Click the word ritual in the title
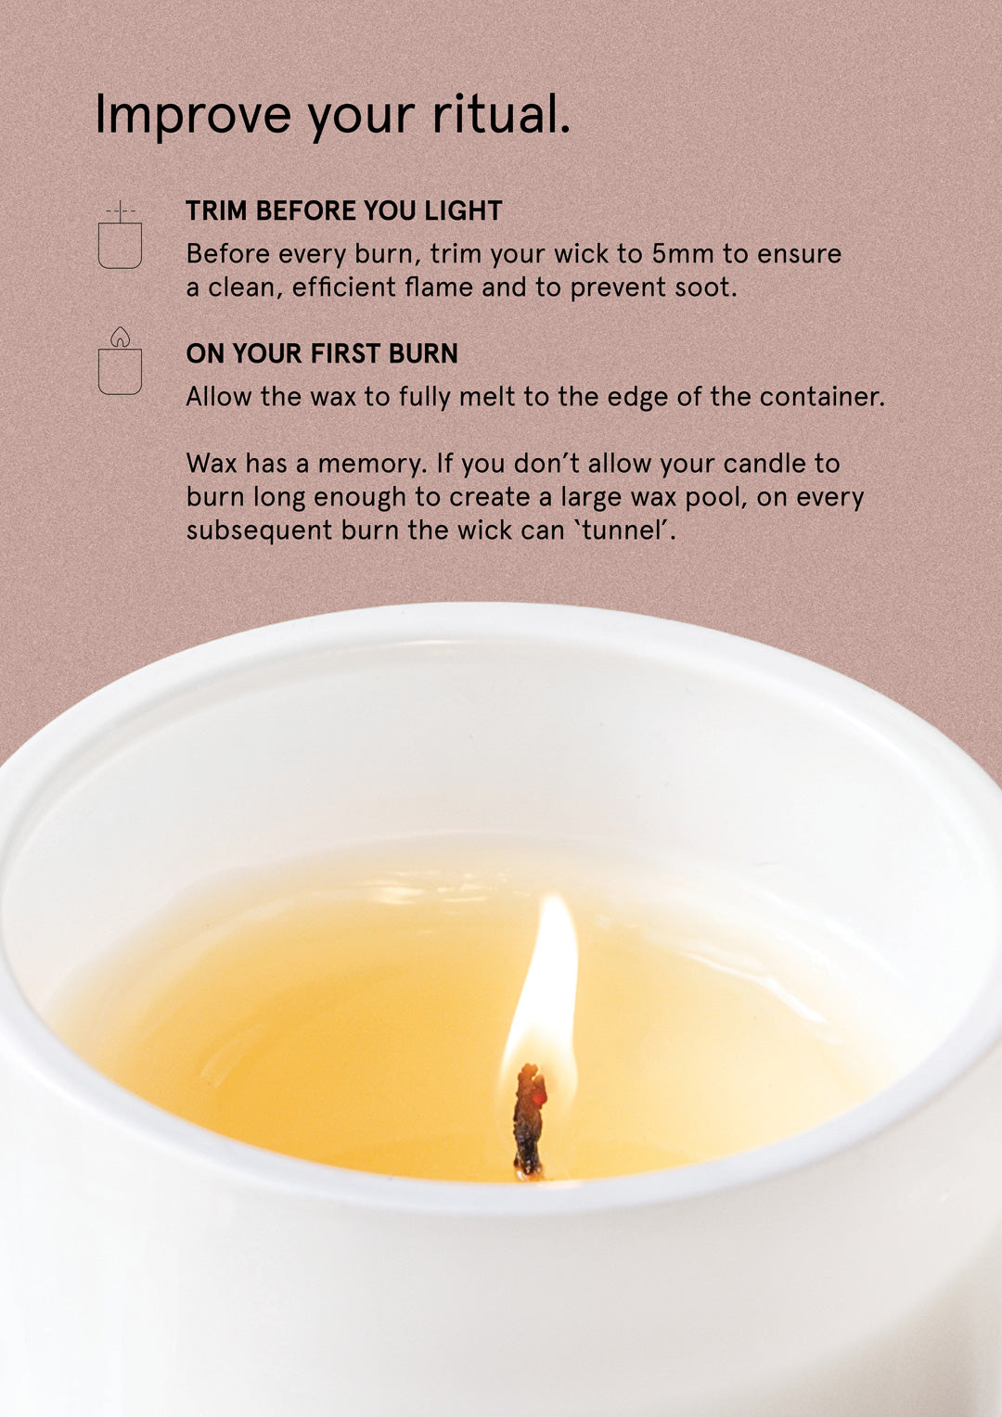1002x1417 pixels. click(x=501, y=115)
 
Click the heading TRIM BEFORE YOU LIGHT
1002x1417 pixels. click(x=343, y=211)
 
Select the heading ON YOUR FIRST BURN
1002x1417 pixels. click(x=322, y=353)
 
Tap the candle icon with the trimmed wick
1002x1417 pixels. click(x=120, y=237)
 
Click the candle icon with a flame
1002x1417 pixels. click(x=120, y=363)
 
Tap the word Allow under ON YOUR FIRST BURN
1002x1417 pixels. click(x=219, y=397)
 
